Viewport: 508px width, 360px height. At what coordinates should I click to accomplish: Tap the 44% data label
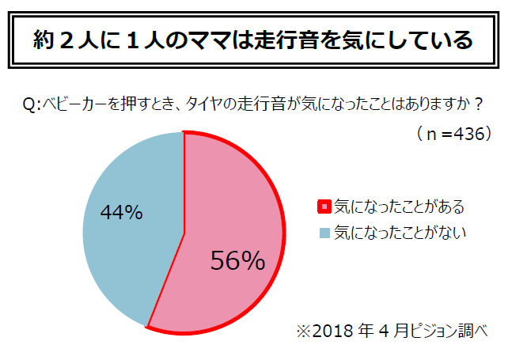click(x=121, y=212)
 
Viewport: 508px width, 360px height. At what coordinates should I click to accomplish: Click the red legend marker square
click(x=322, y=208)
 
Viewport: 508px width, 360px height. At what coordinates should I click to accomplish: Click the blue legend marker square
click(x=322, y=233)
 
